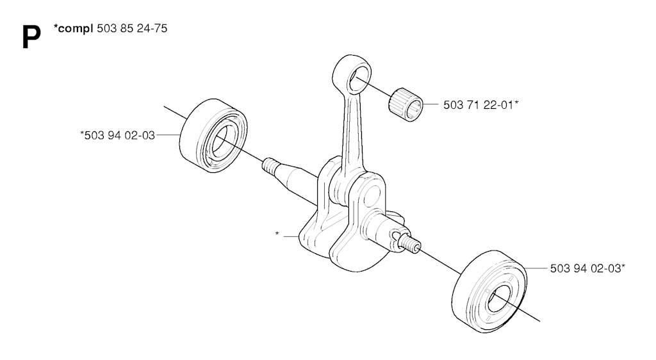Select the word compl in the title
[76, 29]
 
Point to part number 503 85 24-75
[132, 28]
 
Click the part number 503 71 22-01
[478, 105]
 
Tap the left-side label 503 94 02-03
[120, 135]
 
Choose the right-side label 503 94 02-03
[586, 268]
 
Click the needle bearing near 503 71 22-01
[406, 104]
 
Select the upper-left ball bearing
[213, 135]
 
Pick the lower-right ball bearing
[489, 291]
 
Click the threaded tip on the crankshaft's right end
[411, 243]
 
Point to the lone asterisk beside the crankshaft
[277, 234]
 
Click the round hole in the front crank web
[372, 197]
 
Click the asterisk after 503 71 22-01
[516, 102]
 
